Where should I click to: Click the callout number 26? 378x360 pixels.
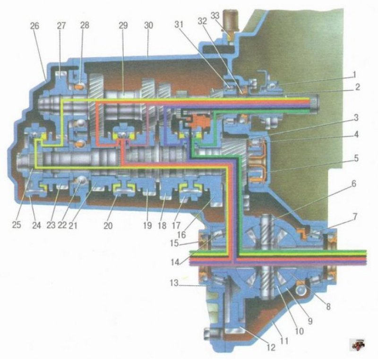[34, 26]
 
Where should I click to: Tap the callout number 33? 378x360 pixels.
[215, 16]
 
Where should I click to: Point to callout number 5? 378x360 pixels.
[356, 158]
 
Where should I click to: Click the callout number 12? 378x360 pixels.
[271, 347]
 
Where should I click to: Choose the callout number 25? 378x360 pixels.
[17, 225]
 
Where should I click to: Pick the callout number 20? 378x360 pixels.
[108, 225]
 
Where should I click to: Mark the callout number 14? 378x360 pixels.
[175, 262]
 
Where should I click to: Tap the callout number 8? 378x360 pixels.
[328, 307]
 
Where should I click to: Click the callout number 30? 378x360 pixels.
[148, 26]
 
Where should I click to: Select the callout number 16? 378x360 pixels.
[181, 234]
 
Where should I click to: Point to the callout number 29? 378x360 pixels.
[123, 26]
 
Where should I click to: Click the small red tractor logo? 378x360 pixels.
[358, 344]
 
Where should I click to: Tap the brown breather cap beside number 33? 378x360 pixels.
[231, 20]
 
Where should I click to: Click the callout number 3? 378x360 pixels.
[356, 118]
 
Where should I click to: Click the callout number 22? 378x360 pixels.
[62, 225]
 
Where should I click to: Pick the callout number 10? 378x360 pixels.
[299, 331]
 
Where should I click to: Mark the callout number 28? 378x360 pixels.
[85, 25]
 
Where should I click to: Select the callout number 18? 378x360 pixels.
[162, 225]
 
